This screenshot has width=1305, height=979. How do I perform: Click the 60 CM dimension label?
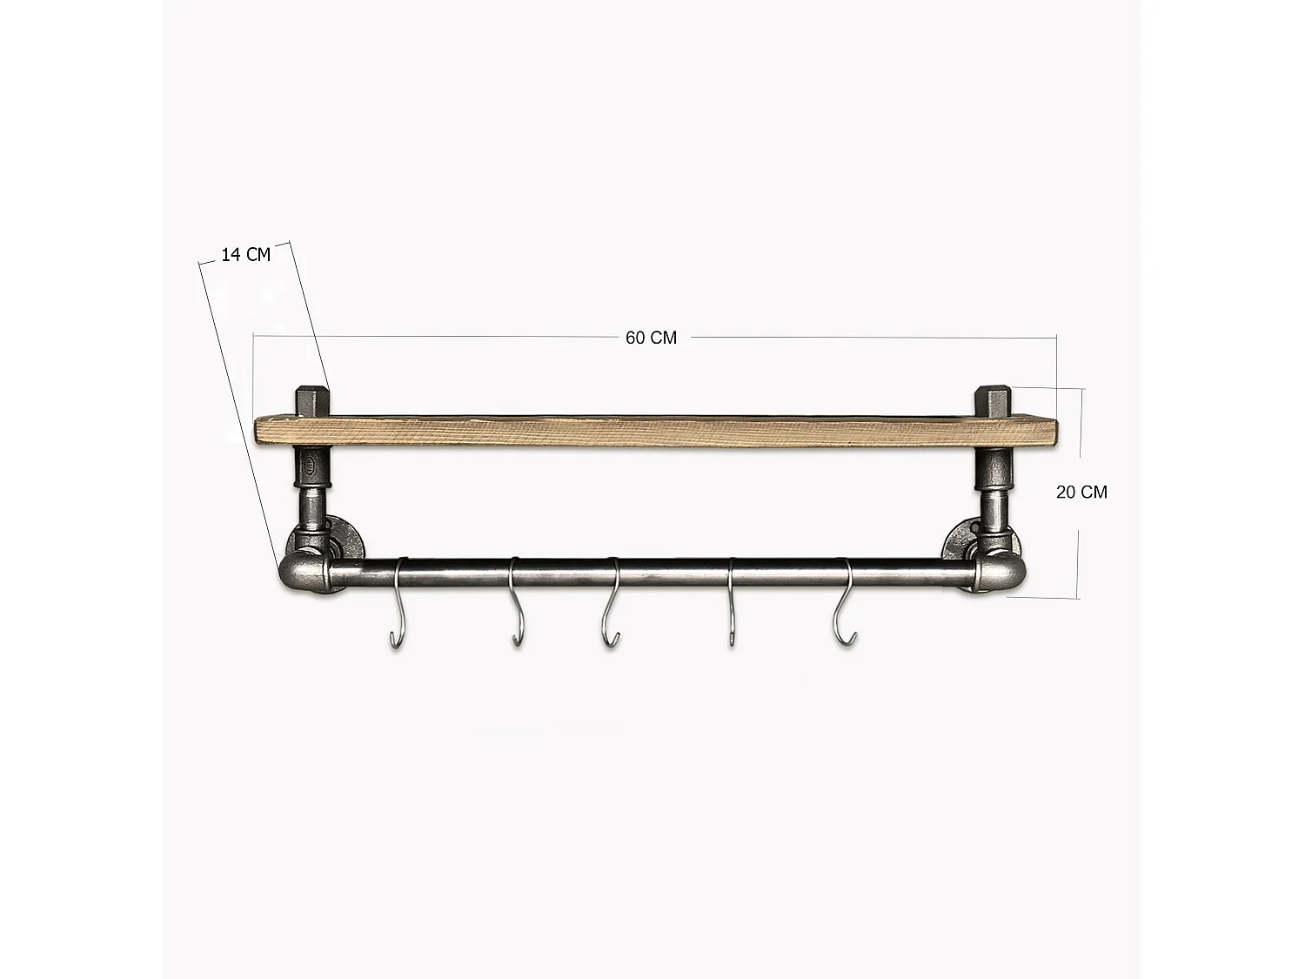(x=651, y=338)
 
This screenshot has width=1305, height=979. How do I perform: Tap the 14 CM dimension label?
(x=245, y=255)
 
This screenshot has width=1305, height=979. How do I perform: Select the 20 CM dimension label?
(x=1081, y=493)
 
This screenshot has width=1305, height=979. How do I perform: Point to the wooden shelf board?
(x=652, y=433)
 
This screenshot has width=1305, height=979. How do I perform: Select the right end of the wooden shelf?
(x=1048, y=433)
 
